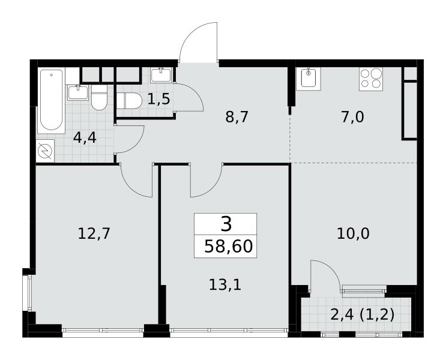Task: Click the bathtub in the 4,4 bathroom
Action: click(x=51, y=100)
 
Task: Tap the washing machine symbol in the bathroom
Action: click(x=45, y=151)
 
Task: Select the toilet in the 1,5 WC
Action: click(x=129, y=101)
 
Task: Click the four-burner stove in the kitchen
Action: click(x=371, y=79)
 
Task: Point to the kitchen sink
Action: click(x=309, y=79)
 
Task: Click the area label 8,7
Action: click(x=237, y=117)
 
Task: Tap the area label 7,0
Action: click(x=352, y=117)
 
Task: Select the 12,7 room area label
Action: click(x=94, y=234)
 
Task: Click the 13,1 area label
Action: click(x=225, y=284)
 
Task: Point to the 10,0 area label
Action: click(x=354, y=234)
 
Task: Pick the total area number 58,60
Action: click(x=229, y=246)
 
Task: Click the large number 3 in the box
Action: click(x=226, y=224)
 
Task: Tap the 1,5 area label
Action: click(x=158, y=99)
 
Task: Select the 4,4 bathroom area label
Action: click(x=85, y=138)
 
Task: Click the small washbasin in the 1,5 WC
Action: click(x=161, y=75)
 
